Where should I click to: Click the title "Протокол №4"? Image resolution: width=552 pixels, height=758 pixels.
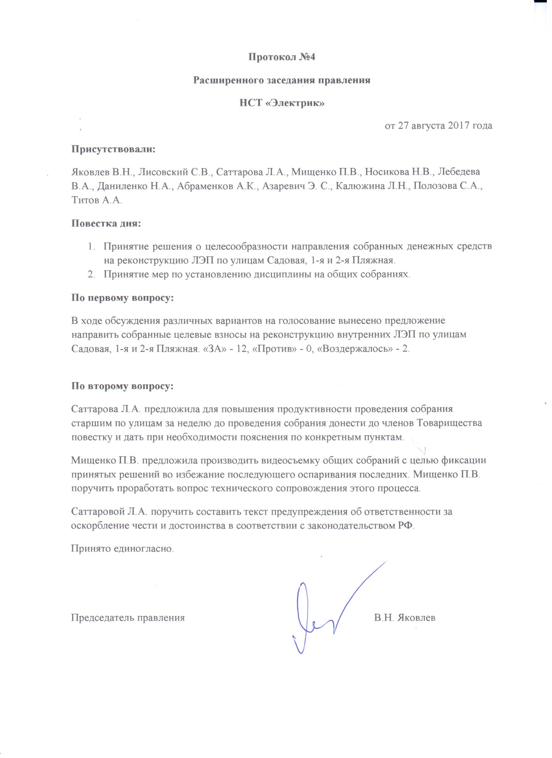pyautogui.click(x=282, y=57)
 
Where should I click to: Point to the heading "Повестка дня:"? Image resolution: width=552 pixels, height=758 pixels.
pyautogui.click(x=106, y=223)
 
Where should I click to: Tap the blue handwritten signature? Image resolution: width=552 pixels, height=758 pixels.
pyautogui.click(x=321, y=612)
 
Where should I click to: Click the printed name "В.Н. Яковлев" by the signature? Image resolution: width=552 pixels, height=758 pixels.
pyautogui.click(x=405, y=618)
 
